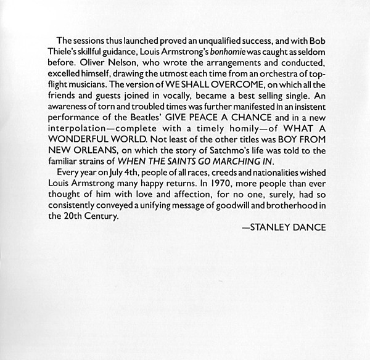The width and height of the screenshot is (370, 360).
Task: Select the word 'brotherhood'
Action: coord(289,207)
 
